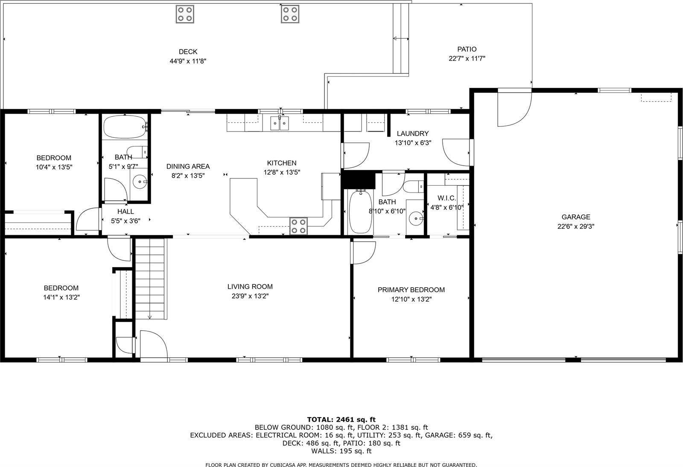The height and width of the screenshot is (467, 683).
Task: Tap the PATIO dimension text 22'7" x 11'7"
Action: point(467,58)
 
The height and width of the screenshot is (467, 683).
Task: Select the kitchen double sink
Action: point(279,123)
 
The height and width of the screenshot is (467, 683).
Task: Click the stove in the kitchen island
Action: point(298,226)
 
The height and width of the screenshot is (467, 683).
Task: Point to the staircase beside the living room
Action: point(150,279)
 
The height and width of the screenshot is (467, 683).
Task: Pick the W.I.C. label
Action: point(447,198)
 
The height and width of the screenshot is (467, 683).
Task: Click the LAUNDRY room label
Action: point(412,134)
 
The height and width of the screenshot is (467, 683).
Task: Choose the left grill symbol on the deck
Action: point(185,14)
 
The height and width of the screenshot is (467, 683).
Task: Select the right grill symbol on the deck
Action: point(290,14)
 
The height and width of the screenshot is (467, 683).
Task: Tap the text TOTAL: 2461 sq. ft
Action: point(341,419)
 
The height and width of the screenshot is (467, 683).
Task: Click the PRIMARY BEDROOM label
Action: point(411,290)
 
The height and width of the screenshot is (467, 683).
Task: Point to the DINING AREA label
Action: point(188,166)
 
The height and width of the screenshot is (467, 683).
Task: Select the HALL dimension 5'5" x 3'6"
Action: point(126,221)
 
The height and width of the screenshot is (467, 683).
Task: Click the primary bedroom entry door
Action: point(363,252)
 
